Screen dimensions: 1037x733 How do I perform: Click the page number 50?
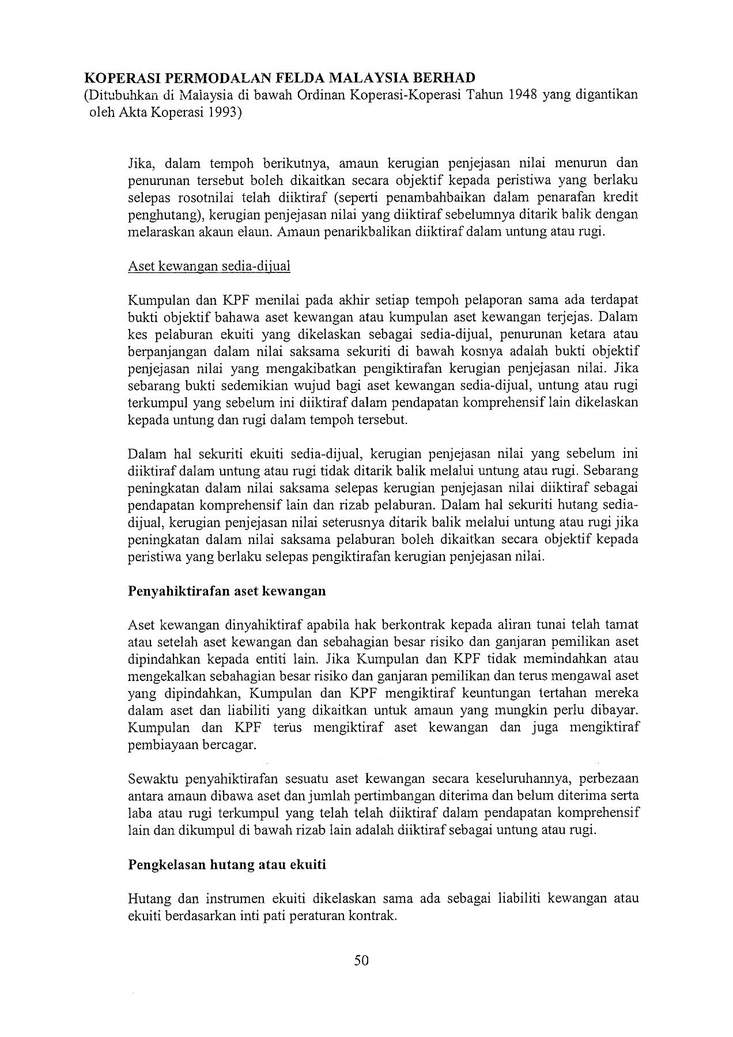[361, 960]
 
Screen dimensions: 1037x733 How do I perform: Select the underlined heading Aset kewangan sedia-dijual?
[209, 266]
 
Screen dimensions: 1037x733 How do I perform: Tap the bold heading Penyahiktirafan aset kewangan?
[226, 591]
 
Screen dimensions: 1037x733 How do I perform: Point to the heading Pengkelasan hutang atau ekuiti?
[227, 864]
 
